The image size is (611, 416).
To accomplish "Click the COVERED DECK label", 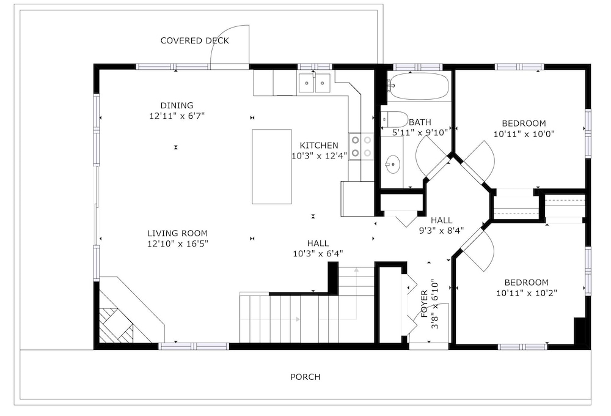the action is click(194, 40).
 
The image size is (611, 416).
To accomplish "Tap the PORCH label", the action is click(305, 377).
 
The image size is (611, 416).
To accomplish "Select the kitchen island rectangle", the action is click(272, 166).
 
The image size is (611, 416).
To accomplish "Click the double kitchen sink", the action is click(315, 83).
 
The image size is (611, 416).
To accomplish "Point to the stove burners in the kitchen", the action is click(361, 146).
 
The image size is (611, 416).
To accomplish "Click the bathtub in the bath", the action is click(419, 86).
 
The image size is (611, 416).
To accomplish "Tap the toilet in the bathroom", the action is click(394, 118).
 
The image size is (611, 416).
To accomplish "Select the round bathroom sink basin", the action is click(393, 164).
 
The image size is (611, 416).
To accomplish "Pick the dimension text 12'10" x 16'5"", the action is click(178, 244).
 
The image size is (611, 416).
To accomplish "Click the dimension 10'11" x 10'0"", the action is click(524, 134).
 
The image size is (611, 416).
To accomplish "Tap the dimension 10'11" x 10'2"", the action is click(527, 293).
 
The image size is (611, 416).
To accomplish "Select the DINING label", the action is click(177, 105).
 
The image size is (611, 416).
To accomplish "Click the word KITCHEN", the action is click(319, 146).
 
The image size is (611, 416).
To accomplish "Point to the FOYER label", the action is click(425, 303).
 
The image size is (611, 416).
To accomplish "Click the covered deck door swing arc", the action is click(220, 37).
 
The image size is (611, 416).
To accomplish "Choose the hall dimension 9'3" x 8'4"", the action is click(442, 231).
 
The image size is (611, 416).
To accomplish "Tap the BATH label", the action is click(420, 122).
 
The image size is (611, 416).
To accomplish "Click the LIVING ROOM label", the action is click(177, 233).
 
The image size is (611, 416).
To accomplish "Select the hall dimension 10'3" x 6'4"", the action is click(318, 254).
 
